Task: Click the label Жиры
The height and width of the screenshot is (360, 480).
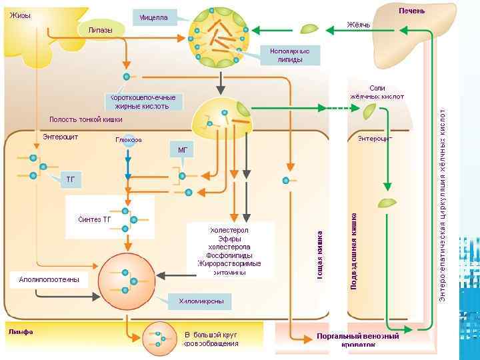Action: coord(20,15)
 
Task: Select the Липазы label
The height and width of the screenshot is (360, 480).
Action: coord(100,30)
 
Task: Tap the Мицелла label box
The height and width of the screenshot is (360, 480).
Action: coord(154,18)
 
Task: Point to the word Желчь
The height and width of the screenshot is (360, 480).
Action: coord(358,25)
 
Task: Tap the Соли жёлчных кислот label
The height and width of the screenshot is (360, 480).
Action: coord(377,92)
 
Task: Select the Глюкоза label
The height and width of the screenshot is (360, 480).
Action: coord(128,140)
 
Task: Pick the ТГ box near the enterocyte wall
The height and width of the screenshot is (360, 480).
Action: coord(70,179)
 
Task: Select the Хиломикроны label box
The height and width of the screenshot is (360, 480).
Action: coord(200,302)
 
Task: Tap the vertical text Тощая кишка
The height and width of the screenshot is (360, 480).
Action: coord(320,254)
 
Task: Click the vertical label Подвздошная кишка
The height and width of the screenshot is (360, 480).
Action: coord(354,250)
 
